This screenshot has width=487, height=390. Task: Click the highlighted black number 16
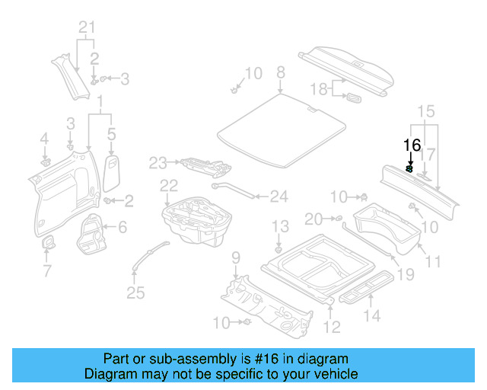tap(412, 145)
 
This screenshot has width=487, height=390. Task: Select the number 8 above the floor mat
tap(280, 72)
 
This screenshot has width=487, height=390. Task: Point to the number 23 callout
tap(158, 163)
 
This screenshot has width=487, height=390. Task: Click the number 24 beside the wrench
tap(279, 197)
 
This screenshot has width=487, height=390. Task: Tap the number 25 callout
tap(135, 293)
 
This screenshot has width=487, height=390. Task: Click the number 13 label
tap(281, 226)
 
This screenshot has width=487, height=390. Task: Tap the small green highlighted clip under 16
tap(409, 170)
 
